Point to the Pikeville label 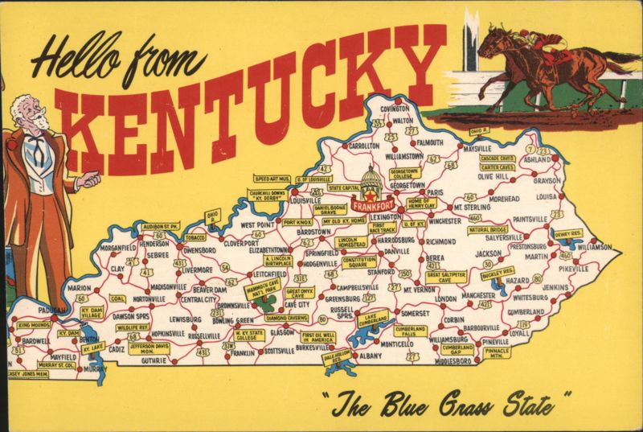click(574, 268)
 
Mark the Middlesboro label click(457, 361)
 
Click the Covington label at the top click(395, 109)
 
